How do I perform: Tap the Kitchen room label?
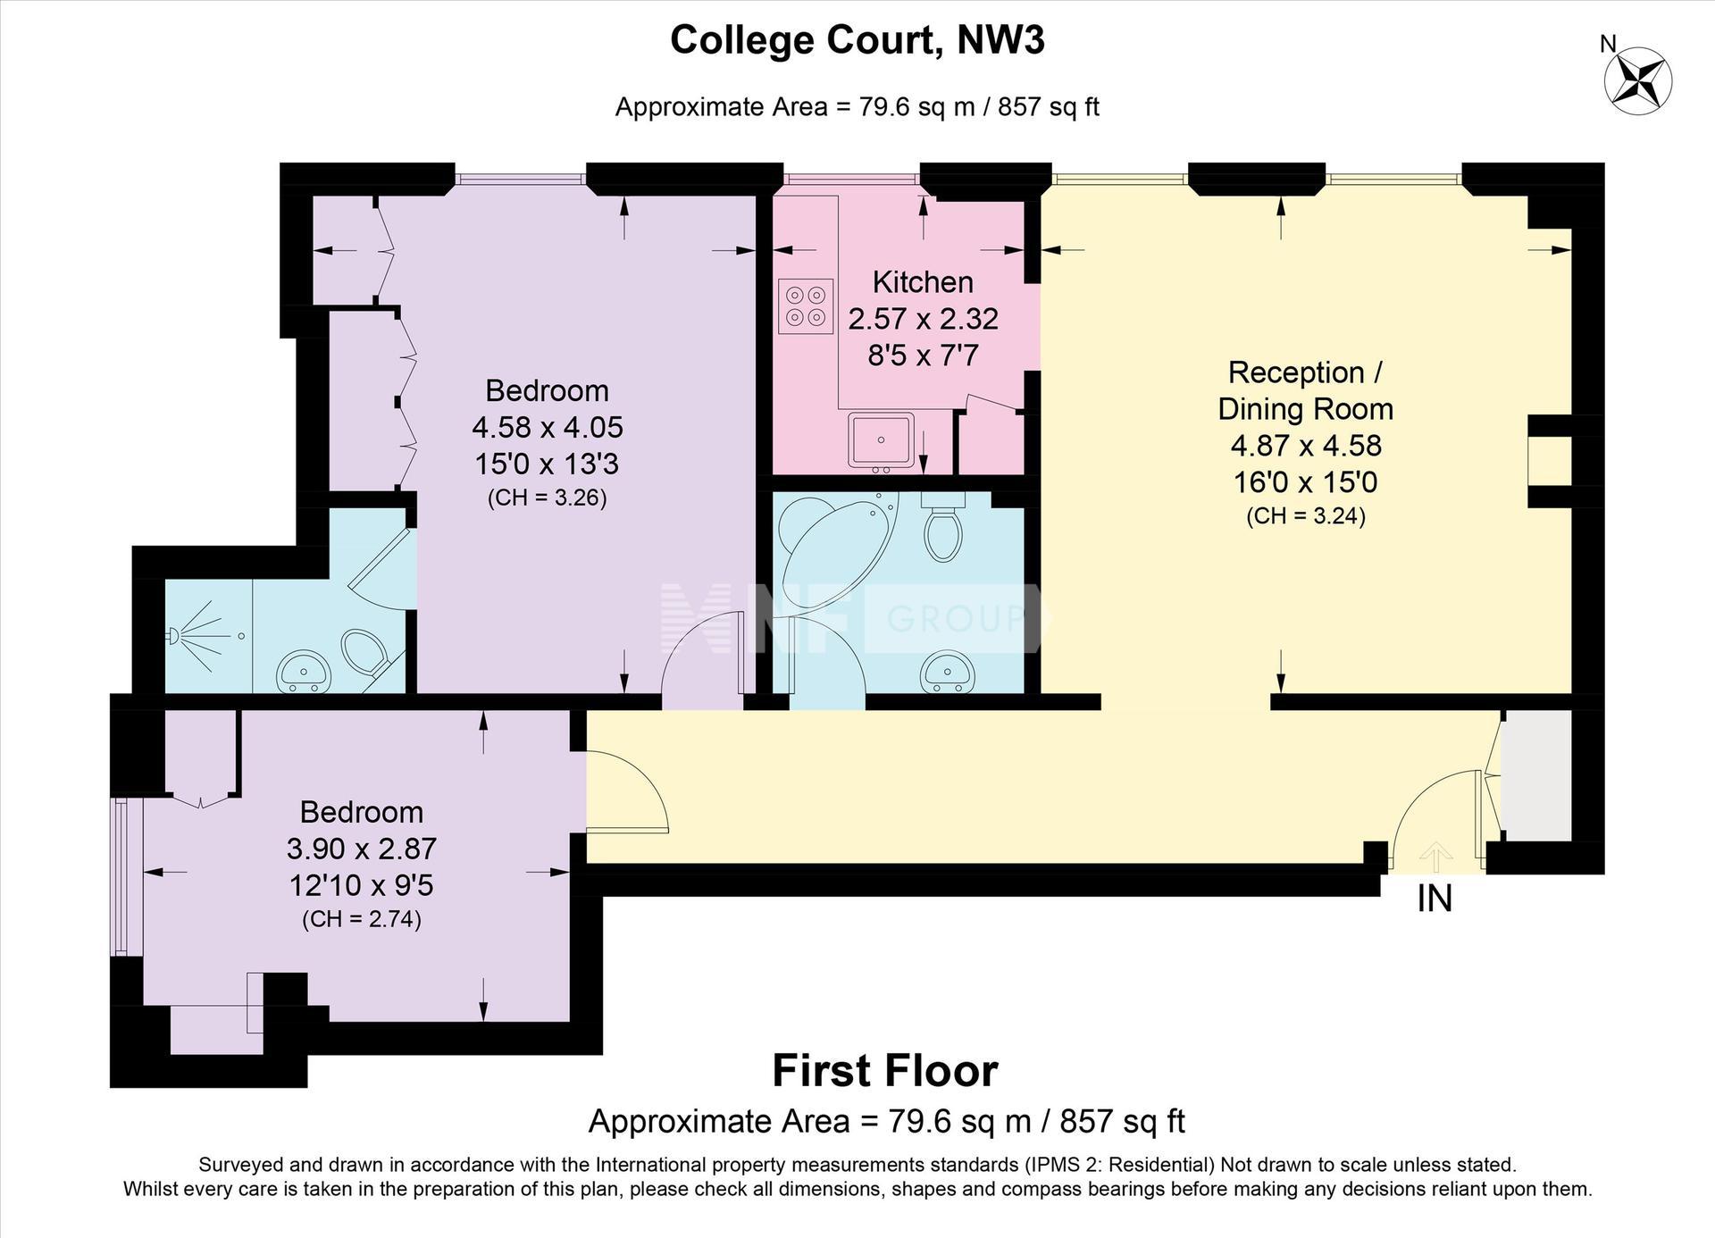pos(923,282)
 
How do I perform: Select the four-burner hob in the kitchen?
pos(806,305)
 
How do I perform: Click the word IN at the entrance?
pos(1435,899)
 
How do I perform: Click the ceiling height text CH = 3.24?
pos(1306,516)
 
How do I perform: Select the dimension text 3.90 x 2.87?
pos(362,848)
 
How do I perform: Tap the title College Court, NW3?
pos(857,40)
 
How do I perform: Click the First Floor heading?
pos(885,1071)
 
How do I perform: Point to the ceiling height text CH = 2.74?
pos(362,920)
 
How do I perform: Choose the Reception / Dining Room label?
pos(1306,390)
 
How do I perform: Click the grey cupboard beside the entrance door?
pos(1535,775)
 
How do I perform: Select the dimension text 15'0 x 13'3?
pos(547,464)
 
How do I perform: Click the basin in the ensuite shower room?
pos(304,672)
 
